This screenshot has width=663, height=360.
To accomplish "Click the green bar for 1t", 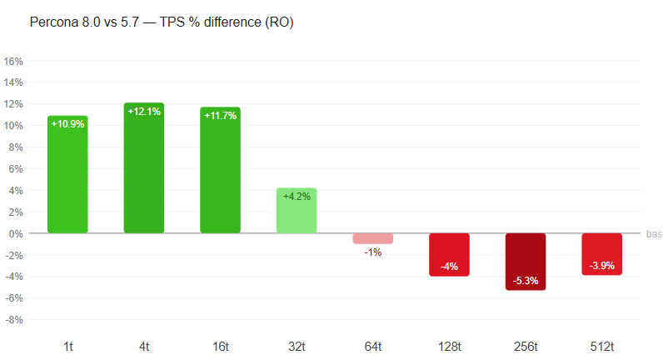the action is point(67,174).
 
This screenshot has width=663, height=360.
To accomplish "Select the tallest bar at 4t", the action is point(144,168).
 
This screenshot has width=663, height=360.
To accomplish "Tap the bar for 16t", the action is point(220,170).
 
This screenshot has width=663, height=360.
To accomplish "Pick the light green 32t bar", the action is point(297,211).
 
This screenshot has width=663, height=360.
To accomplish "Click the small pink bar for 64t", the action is point(373,238).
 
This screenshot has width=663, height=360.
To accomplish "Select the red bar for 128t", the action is point(449,255).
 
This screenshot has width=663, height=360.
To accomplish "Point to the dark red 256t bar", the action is point(526,262).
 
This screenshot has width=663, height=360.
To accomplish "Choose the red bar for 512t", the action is point(601,254).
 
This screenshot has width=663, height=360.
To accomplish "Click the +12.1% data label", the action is point(144,112).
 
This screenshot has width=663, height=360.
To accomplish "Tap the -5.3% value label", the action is point(526,281).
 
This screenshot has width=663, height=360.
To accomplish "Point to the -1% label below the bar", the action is point(373,252).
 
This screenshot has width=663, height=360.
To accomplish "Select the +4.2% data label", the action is point(297,197).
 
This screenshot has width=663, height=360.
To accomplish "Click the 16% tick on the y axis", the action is point(13,62).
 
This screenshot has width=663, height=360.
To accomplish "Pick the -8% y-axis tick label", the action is point(14,320).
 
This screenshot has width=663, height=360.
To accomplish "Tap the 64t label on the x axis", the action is point(373,347).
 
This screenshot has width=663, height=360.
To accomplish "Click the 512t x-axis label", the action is point(602,347).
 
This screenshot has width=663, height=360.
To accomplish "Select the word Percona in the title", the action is point(54,22).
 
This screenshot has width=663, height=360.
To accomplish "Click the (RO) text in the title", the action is point(279,22).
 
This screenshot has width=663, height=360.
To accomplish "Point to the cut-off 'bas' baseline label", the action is point(654,234).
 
